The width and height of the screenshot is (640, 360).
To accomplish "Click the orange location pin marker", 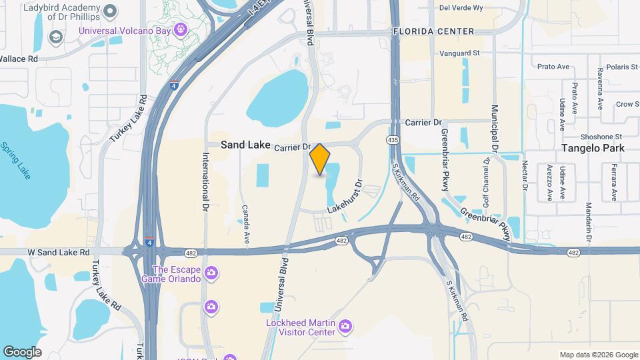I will pyautogui.click(x=320, y=159).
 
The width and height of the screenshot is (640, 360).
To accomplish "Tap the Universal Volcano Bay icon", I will pyautogui.click(x=181, y=29).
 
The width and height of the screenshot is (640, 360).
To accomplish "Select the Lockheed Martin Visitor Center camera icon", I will pyautogui.click(x=345, y=325).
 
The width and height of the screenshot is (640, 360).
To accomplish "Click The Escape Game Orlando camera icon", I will pyautogui.click(x=211, y=272).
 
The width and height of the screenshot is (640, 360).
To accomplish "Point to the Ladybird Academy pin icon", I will pyautogui.click(x=111, y=9).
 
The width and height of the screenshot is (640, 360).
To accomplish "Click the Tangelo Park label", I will pyautogui.click(x=590, y=148).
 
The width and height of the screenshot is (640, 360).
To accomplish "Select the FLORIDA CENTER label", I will pyautogui.click(x=433, y=31).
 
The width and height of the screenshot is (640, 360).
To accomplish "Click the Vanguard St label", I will pyautogui.click(x=460, y=53).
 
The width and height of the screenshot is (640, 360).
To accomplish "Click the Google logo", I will pyautogui.click(x=22, y=352).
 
